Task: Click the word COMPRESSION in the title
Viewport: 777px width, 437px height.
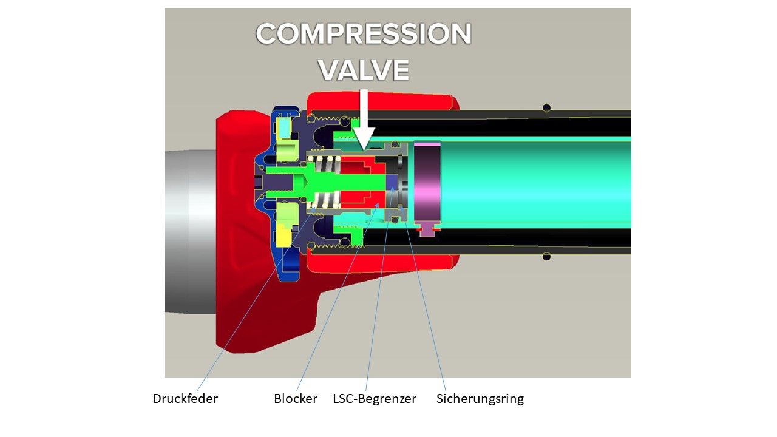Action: (363, 35)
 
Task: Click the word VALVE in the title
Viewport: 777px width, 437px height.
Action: (363, 70)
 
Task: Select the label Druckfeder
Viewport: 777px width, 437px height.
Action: (185, 399)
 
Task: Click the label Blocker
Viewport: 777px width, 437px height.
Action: (296, 399)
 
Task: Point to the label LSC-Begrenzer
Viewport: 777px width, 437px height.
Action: (375, 399)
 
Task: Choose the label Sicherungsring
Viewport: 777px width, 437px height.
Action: (480, 399)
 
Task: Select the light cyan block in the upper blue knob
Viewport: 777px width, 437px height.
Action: (284, 127)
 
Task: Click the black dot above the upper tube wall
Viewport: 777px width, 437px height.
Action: (546, 108)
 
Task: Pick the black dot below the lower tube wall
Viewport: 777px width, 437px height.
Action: (546, 256)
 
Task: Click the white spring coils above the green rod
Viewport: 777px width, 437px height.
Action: (322, 163)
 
